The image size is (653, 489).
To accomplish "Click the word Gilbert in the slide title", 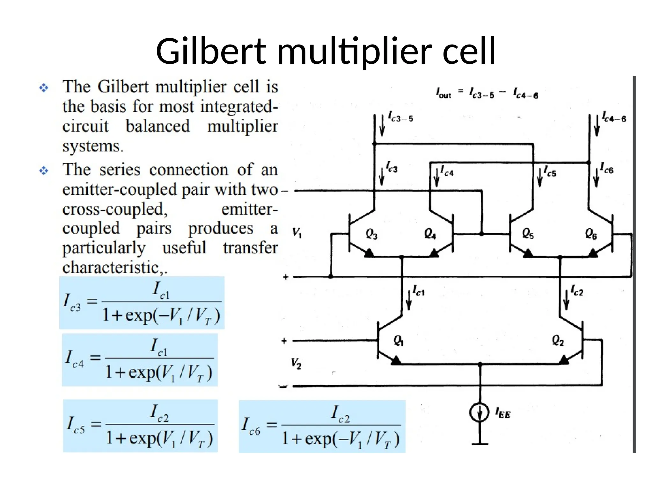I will [210, 51].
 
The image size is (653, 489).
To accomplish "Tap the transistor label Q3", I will [371, 234].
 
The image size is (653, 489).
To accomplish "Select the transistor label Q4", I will [430, 234].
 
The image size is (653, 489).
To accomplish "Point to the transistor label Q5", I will [528, 234].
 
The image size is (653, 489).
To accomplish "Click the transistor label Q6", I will [591, 234].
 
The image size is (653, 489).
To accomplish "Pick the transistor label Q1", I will [398, 341].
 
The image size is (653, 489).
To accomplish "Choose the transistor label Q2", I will [558, 341].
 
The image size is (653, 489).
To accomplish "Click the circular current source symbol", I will [479, 412].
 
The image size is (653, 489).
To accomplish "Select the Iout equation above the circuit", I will [487, 93].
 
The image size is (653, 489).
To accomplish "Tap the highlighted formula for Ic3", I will [142, 303].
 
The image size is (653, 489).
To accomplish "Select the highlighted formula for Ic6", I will [322, 426].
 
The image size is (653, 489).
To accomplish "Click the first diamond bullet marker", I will [44, 88].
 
